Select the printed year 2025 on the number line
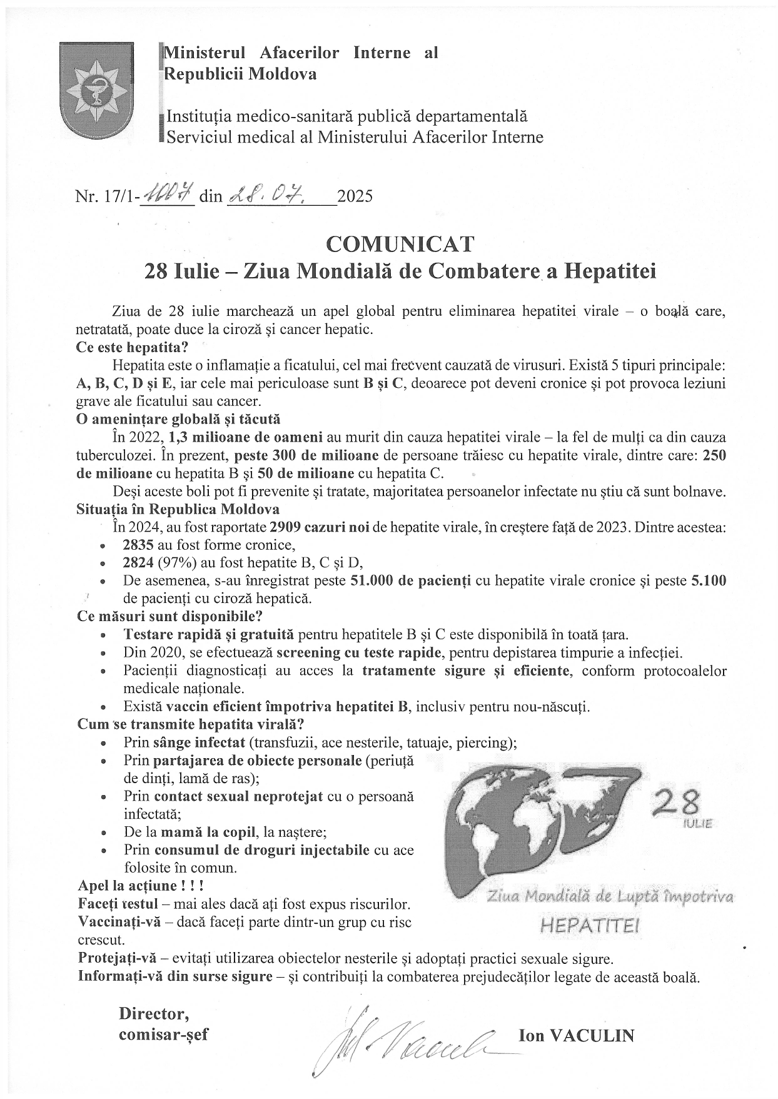point(355,197)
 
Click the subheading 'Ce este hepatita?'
point(132,347)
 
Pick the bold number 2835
point(138,544)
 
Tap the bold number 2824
point(138,562)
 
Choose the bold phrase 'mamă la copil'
point(208,833)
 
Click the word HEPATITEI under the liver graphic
point(589,925)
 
